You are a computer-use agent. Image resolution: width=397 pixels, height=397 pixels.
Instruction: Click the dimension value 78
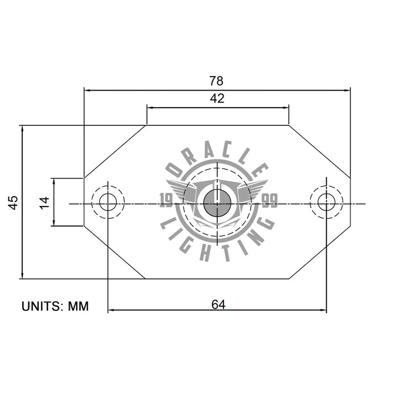[x=217, y=81]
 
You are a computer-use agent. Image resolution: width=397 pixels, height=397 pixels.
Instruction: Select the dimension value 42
[x=217, y=98]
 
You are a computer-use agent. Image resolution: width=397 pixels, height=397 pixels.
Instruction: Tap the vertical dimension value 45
[x=13, y=202]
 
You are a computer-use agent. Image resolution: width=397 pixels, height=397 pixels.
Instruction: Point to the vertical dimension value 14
[x=44, y=202]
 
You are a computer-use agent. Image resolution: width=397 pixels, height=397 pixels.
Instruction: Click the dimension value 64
[x=218, y=305]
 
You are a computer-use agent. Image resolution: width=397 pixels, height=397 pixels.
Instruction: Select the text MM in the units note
[x=78, y=306]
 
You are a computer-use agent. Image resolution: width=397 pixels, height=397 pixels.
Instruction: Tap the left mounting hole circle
[x=108, y=201]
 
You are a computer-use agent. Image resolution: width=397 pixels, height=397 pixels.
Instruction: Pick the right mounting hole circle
[x=326, y=201]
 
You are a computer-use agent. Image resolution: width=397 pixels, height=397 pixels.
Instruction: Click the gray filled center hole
[x=217, y=203]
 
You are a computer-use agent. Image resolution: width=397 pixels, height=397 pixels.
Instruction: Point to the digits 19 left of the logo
[x=167, y=200]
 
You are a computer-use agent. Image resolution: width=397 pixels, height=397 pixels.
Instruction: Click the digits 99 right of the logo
[x=269, y=200]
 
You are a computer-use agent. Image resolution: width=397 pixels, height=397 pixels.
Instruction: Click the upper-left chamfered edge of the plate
[x=115, y=151]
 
